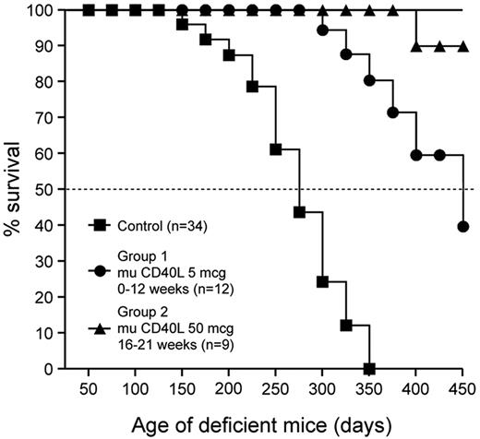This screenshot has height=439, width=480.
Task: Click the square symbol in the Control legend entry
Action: pyautogui.click(x=98, y=224)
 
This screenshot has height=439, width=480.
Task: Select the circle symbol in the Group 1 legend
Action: pyautogui.click(x=98, y=272)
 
